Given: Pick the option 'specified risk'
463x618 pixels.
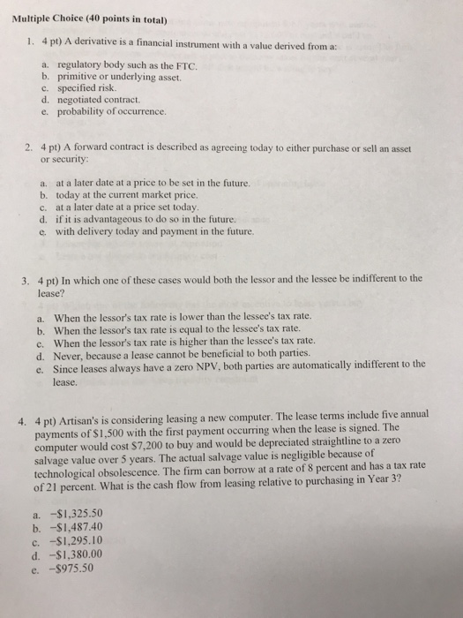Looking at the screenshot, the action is [92, 89].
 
